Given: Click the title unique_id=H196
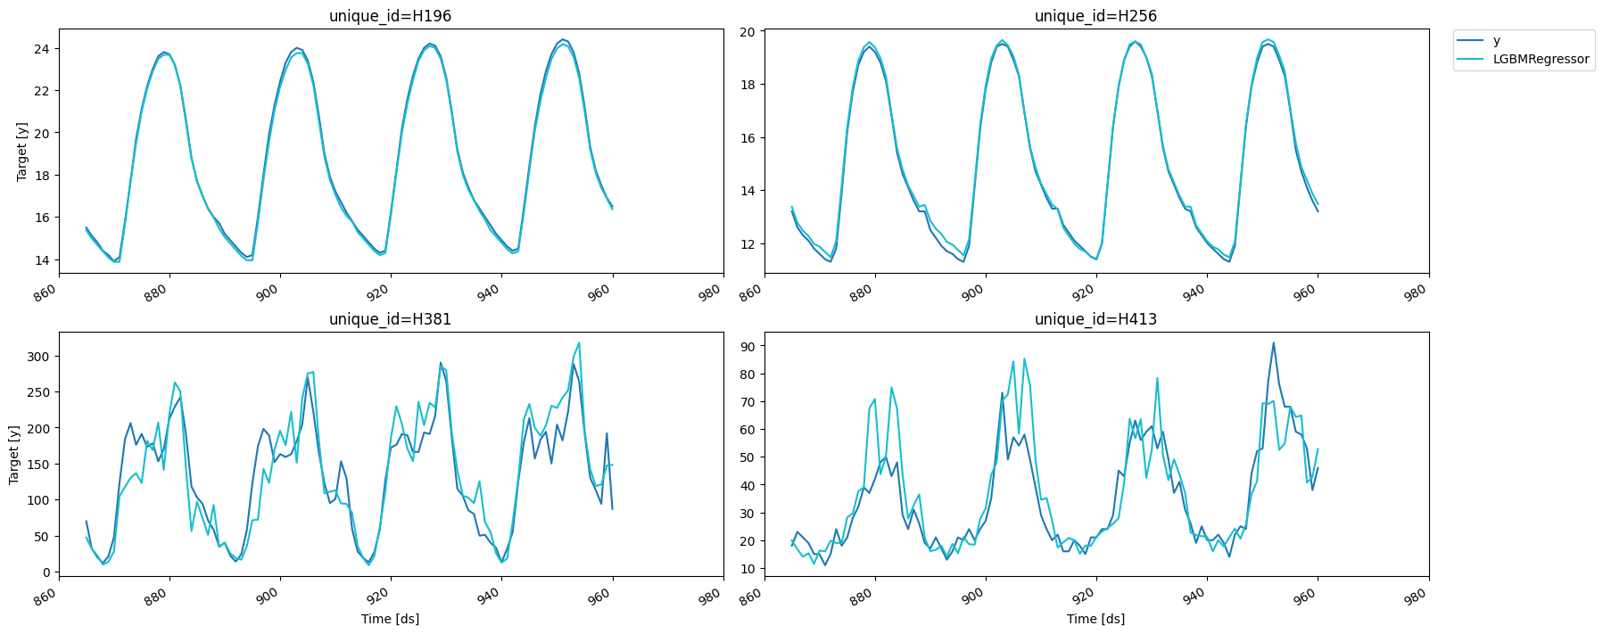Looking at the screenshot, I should point(390,16).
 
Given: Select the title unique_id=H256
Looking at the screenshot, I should point(1095,16).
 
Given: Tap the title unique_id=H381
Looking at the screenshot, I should point(390,319).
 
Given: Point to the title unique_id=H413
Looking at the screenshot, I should point(1095,319).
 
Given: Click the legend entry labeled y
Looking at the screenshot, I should point(1496,41).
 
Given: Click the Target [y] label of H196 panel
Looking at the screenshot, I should point(22,152).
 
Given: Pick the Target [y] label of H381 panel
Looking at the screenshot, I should point(14,455).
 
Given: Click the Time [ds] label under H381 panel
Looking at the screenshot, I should point(390,619).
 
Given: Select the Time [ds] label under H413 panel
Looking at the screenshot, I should point(1095,619).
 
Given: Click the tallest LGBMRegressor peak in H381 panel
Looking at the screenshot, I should point(579,343).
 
